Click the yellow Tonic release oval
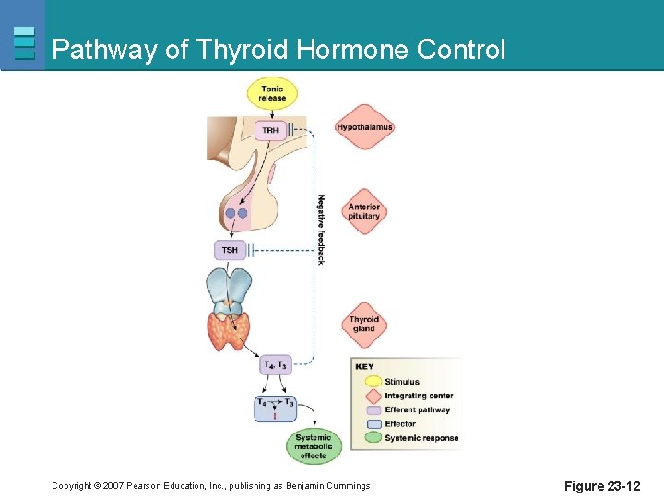coord(272,93)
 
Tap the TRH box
coord(270,130)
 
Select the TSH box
coord(230,249)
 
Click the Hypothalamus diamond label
coord(364,127)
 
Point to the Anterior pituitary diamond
coord(364,211)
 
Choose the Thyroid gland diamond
coord(364,324)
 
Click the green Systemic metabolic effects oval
coord(314,445)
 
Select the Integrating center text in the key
coord(419,396)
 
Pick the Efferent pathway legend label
coord(417,409)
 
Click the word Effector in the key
coord(400,423)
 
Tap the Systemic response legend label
coord(421,437)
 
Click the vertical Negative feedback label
coord(321,229)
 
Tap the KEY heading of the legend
coord(365,366)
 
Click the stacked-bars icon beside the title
coord(24,42)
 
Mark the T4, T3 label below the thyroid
coord(275,365)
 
